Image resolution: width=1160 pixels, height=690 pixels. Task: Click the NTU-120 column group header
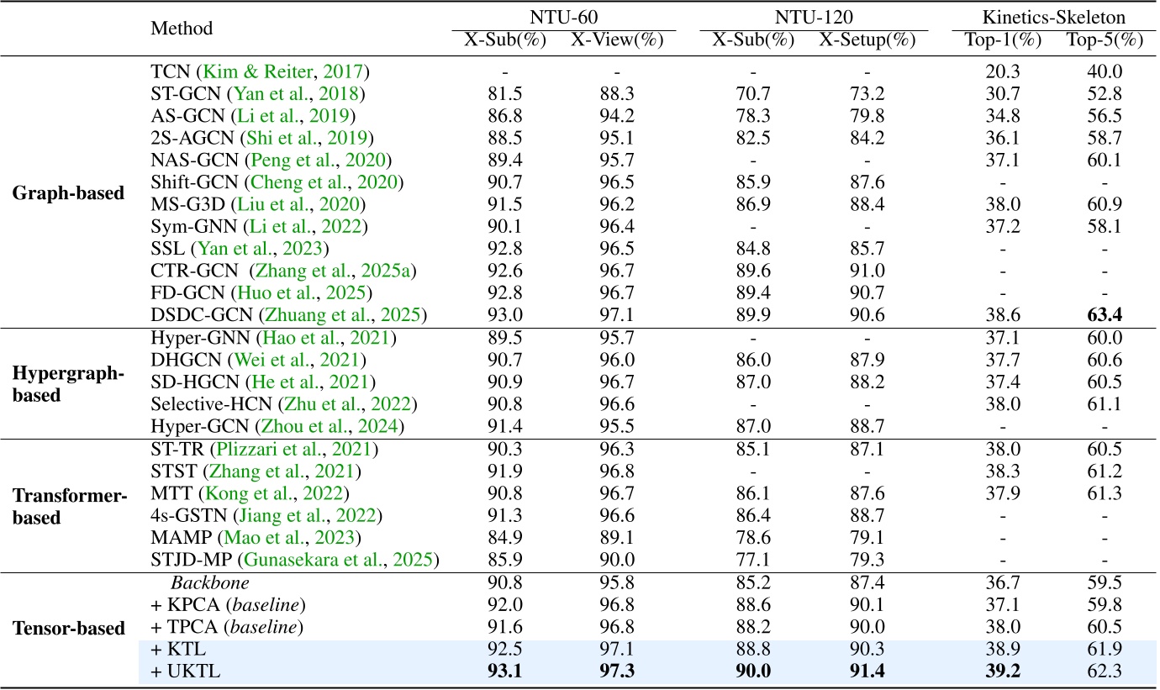coord(814,15)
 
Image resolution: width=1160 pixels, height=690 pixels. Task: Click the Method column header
coord(182,29)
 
